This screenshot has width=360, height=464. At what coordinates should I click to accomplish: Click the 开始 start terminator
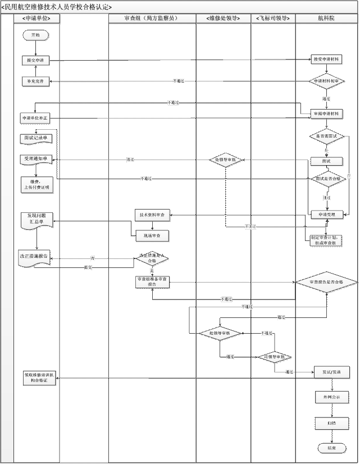click(x=36, y=35)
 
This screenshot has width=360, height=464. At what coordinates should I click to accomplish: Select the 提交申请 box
click(x=36, y=60)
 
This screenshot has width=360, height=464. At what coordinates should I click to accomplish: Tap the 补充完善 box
click(x=36, y=81)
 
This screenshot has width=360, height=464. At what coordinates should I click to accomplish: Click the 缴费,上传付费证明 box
click(x=37, y=184)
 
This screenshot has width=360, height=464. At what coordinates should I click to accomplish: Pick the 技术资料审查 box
click(x=152, y=215)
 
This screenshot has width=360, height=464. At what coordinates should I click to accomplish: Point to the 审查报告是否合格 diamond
click(x=327, y=282)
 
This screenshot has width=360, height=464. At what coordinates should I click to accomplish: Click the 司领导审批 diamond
click(x=274, y=357)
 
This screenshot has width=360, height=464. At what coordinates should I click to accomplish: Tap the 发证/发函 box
click(x=331, y=372)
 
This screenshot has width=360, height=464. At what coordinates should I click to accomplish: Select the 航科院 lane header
click(x=327, y=19)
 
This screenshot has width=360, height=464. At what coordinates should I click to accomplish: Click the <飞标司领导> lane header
click(x=273, y=19)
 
